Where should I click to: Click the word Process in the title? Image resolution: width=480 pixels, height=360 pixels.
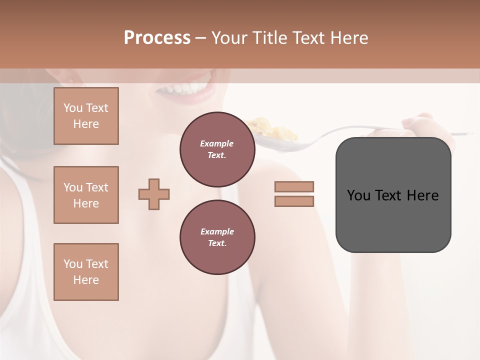(157, 38)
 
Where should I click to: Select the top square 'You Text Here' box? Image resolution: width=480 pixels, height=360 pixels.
(86, 116)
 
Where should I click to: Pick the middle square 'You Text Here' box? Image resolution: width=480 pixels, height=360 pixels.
(86, 195)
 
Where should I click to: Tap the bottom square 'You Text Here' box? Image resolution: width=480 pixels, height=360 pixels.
(86, 272)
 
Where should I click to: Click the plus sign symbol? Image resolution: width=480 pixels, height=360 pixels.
(154, 194)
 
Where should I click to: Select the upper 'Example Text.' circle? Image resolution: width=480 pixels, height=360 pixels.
(217, 149)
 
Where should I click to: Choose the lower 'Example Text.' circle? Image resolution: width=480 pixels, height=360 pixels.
(217, 237)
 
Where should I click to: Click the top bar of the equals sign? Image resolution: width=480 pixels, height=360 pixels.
(294, 186)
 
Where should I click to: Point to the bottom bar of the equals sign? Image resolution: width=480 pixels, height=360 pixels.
(294, 201)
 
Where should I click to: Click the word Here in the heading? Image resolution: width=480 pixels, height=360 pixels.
(348, 38)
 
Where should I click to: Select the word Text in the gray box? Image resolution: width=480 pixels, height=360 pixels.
(390, 195)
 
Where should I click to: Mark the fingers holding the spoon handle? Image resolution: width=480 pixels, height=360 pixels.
(420, 122)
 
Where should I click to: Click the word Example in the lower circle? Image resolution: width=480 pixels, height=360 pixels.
(217, 231)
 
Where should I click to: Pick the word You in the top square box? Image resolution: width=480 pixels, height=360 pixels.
(72, 108)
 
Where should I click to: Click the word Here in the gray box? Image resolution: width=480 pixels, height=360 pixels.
(422, 195)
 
